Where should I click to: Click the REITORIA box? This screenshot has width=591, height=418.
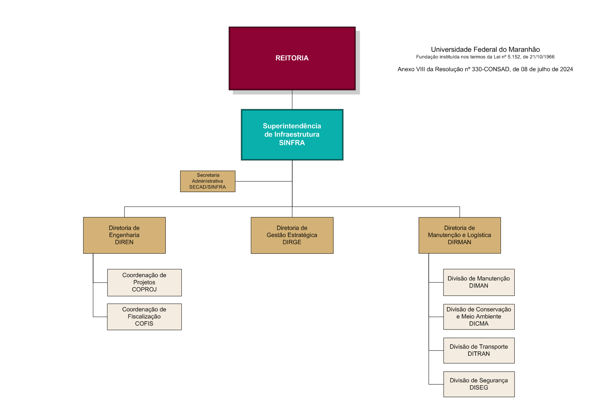pyautogui.click(x=292, y=58)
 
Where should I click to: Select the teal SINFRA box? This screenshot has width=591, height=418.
pyautogui.click(x=292, y=134)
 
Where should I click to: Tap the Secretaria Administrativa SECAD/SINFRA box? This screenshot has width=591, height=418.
pyautogui.click(x=207, y=181)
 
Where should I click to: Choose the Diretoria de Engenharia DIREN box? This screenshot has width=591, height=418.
pyautogui.click(x=124, y=235)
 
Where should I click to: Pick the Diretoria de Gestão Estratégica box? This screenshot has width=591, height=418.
pyautogui.click(x=292, y=235)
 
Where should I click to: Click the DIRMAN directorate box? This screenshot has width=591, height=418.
pyautogui.click(x=459, y=235)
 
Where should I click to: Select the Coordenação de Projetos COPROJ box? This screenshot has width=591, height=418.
pyautogui.click(x=144, y=283)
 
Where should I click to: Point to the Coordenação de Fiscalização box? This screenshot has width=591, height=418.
pyautogui.click(x=144, y=317)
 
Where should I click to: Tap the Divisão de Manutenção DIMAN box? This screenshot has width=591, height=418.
pyautogui.click(x=479, y=282)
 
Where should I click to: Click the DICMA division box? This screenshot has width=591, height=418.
pyautogui.click(x=479, y=317)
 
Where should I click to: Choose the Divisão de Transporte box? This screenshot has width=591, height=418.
pyautogui.click(x=479, y=350)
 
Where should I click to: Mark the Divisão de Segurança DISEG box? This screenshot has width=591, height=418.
pyautogui.click(x=479, y=384)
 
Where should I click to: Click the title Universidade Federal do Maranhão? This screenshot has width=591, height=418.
pyautogui.click(x=485, y=50)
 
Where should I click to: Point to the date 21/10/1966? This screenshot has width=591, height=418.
pyautogui.click(x=542, y=57)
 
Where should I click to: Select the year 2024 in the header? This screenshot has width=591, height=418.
pyautogui.click(x=566, y=69)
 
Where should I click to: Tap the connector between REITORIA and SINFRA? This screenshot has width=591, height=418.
pyautogui.click(x=292, y=99)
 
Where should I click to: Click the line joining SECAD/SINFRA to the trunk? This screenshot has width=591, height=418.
pyautogui.click(x=263, y=181)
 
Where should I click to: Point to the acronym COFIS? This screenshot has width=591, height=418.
pyautogui.click(x=144, y=324)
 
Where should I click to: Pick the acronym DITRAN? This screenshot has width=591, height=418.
pyautogui.click(x=479, y=354)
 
